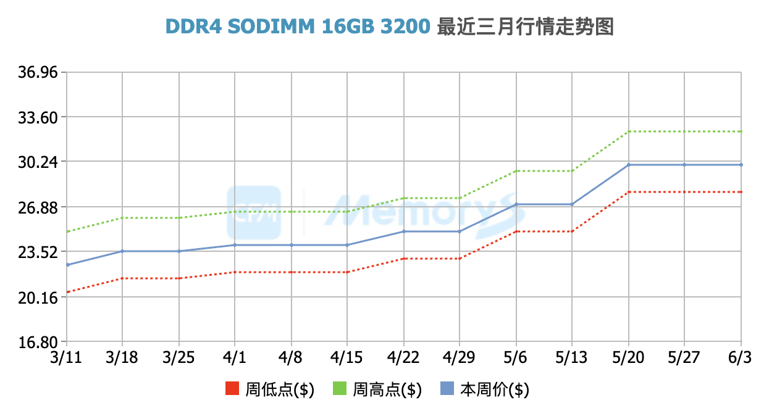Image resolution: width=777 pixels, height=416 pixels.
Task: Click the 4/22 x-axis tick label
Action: (x=403, y=357)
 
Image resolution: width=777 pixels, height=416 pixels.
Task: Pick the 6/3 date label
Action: (x=740, y=357)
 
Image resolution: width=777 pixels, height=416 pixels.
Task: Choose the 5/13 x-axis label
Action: (x=571, y=357)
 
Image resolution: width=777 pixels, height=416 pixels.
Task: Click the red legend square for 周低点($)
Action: (x=233, y=389)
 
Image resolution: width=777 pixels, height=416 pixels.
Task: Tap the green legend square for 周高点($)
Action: (x=340, y=389)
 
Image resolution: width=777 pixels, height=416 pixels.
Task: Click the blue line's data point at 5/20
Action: (x=629, y=165)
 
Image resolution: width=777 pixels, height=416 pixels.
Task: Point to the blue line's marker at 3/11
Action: (x=66, y=265)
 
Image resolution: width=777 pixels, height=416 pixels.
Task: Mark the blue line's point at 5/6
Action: (x=516, y=204)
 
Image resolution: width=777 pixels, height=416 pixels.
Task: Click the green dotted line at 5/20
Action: (x=629, y=131)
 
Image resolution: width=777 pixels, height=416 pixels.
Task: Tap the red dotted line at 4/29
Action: (x=460, y=259)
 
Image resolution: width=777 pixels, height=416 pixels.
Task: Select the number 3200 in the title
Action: (x=405, y=27)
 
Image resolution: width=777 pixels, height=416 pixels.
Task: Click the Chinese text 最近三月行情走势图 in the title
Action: (x=525, y=27)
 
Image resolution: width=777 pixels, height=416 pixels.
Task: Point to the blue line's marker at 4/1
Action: (x=235, y=245)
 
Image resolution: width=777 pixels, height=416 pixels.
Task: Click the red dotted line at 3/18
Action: (x=122, y=278)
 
